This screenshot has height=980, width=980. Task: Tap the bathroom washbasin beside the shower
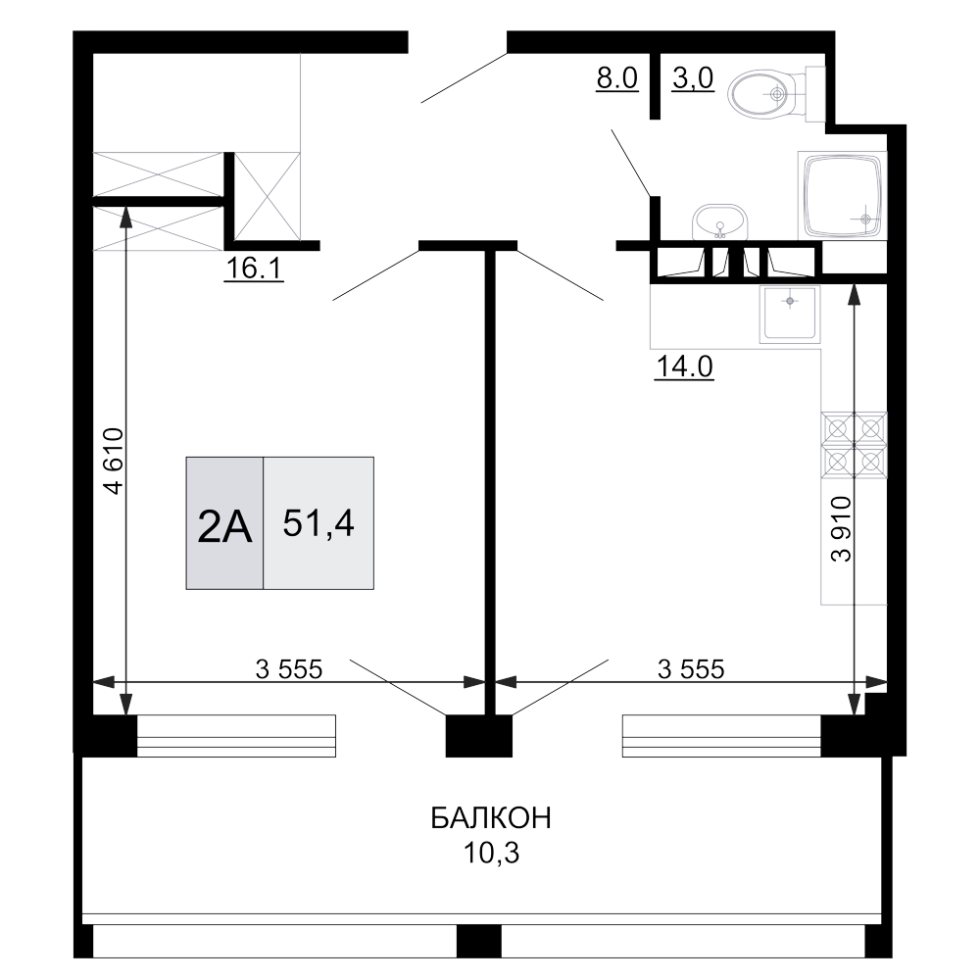tap(720, 221)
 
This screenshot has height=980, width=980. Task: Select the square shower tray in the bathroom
tap(843, 195)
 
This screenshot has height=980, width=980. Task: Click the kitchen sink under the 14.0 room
tap(790, 315)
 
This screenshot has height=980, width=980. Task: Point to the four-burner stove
tap(854, 446)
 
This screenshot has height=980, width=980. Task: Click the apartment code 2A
tap(224, 527)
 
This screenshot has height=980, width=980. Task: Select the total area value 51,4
tap(318, 523)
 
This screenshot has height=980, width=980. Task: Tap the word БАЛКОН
tap(491, 817)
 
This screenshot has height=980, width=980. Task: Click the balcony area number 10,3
tap(491, 853)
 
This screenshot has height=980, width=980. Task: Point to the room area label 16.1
tap(255, 269)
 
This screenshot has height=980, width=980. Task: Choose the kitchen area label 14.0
tap(684, 367)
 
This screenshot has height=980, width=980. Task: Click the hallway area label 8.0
tap(616, 78)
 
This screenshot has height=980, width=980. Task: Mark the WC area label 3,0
tap(693, 78)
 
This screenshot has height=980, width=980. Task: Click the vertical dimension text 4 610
tap(115, 462)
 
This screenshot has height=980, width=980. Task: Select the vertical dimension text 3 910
tap(841, 529)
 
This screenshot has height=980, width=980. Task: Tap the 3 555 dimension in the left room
tap(289, 669)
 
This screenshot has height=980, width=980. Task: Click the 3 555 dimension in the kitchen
tap(691, 669)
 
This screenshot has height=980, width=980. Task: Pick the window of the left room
tap(236, 736)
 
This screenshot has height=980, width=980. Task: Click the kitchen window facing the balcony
tap(721, 736)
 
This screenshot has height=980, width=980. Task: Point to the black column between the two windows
tap(479, 736)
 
